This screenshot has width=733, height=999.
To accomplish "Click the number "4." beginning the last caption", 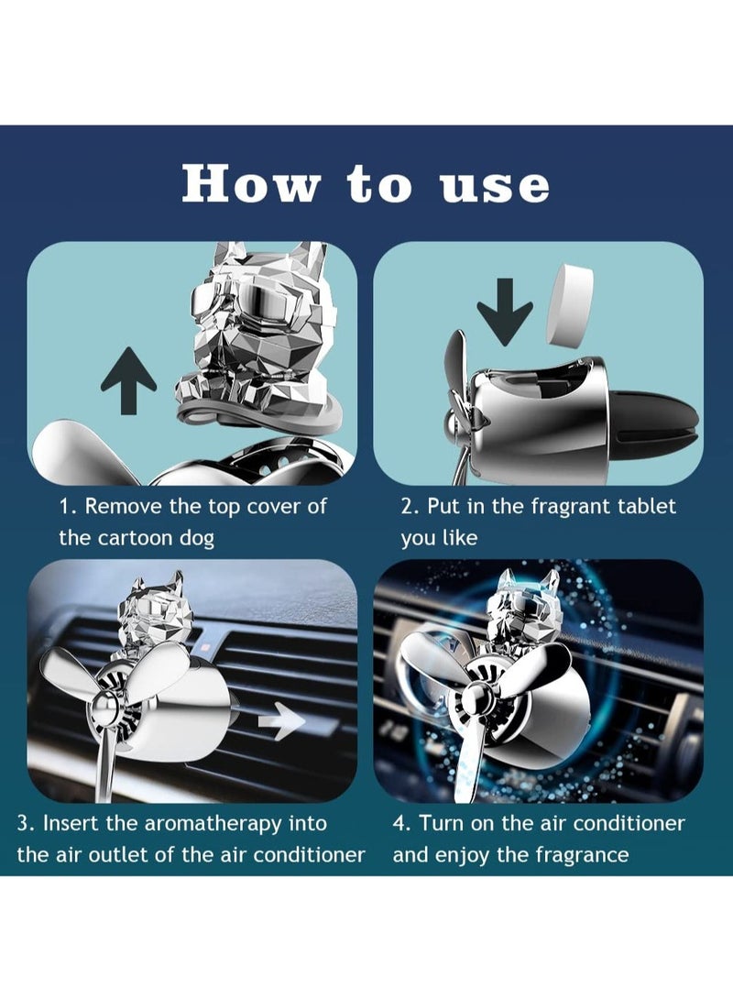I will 402,823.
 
